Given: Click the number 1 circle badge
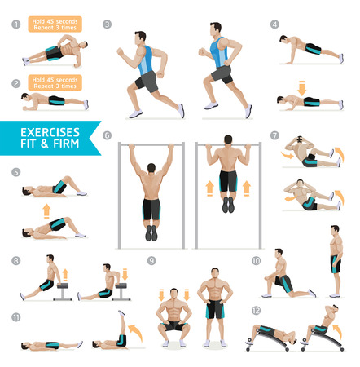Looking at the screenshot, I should click(x=15, y=24).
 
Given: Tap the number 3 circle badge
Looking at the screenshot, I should click(x=108, y=24).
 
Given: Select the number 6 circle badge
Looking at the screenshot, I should click(x=108, y=135).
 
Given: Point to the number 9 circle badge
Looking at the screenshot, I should click(x=151, y=261).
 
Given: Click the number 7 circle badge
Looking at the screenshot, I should click(x=275, y=135).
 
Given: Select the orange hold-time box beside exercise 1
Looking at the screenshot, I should click(x=55, y=24).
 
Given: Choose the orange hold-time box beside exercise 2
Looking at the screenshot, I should click(x=55, y=82).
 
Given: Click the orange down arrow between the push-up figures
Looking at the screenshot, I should click(x=301, y=86).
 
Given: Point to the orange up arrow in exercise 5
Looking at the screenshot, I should click(x=46, y=210).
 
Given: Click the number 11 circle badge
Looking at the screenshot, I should click(x=15, y=316).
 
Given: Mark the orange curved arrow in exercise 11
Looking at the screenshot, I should click(x=133, y=330).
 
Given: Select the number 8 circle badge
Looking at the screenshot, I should click(x=15, y=261).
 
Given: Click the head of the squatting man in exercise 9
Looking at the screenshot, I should click(x=173, y=292).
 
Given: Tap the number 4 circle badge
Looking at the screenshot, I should click(x=275, y=24).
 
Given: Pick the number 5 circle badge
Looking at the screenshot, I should click(x=15, y=172).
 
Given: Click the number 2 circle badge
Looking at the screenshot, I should click(x=15, y=83).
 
